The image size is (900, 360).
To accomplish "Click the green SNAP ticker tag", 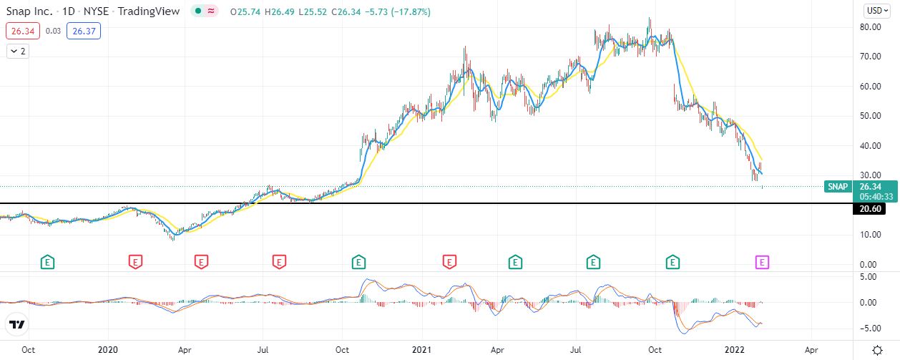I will pyautogui.click(x=837, y=187).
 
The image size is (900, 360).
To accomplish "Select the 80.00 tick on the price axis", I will pyautogui.click(x=871, y=27).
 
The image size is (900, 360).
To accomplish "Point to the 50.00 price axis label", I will pyautogui.click(x=871, y=116).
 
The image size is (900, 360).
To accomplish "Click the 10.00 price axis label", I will pyautogui.click(x=871, y=234).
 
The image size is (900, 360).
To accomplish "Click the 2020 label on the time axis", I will pyautogui.click(x=107, y=350).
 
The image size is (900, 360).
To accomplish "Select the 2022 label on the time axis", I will pyautogui.click(x=735, y=350).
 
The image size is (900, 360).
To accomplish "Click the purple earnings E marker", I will pyautogui.click(x=763, y=262).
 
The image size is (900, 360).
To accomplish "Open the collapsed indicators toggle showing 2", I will pyautogui.click(x=18, y=52).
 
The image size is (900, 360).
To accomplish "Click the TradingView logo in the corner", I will pyautogui.click(x=17, y=325).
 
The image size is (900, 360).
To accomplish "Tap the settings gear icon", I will pyautogui.click(x=877, y=350).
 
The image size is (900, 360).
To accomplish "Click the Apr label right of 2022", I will pyautogui.click(x=811, y=350).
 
